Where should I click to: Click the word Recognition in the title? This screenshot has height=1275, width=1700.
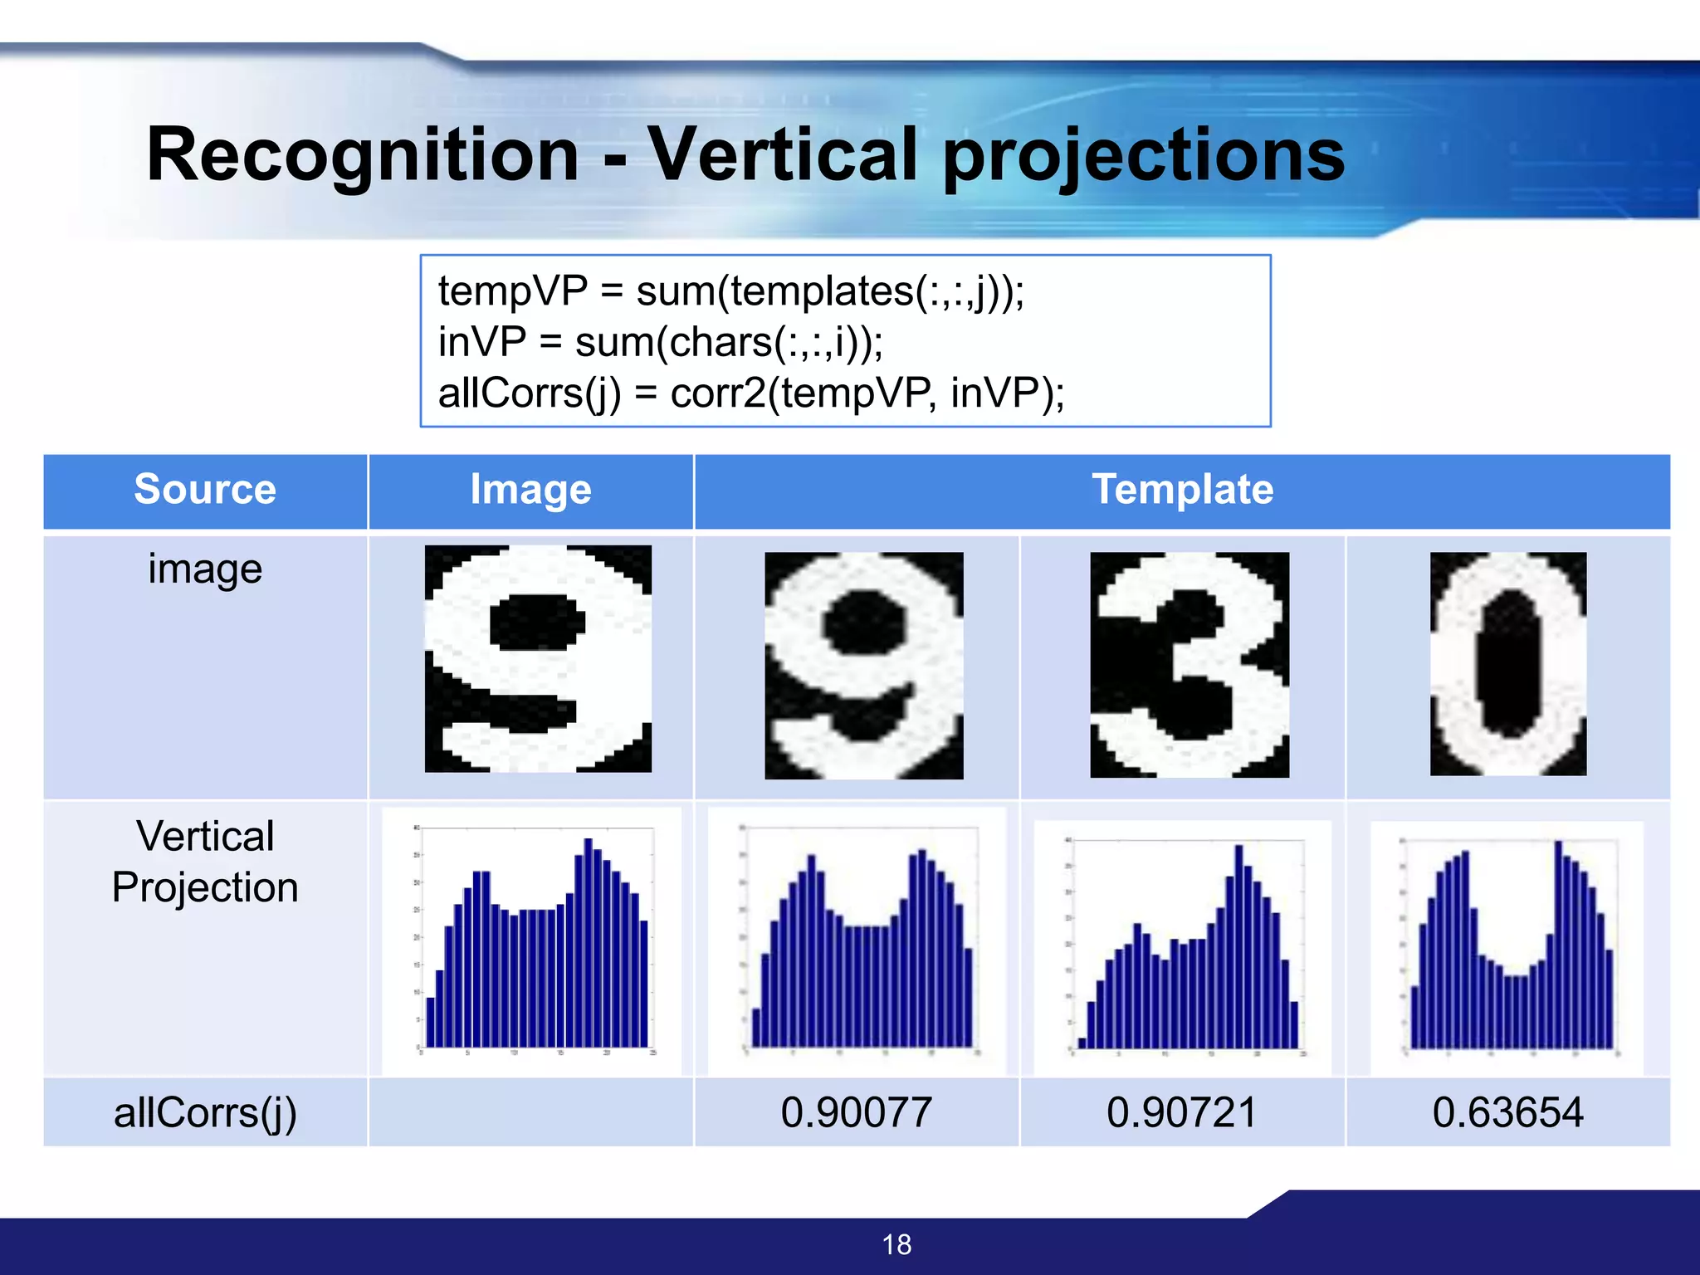click(362, 155)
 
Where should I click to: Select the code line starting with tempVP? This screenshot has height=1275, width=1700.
click(730, 291)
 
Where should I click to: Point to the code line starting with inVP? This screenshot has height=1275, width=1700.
click(660, 342)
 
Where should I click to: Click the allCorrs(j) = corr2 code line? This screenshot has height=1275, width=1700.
click(750, 393)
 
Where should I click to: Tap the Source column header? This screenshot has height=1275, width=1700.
click(205, 489)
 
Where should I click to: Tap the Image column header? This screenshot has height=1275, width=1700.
click(530, 489)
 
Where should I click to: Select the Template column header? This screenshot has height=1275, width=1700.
click(1182, 489)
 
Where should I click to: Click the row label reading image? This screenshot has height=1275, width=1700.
click(205, 569)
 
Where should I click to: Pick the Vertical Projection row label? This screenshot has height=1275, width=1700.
click(205, 862)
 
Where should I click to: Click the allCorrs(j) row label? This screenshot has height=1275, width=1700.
click(205, 1112)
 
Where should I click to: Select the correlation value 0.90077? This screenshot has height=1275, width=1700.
click(856, 1112)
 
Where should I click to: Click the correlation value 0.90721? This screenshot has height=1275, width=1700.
click(1182, 1112)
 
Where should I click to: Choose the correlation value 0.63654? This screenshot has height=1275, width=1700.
click(1507, 1112)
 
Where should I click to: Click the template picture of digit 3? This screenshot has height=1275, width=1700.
click(1189, 665)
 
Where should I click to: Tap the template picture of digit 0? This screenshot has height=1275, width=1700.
click(1507, 664)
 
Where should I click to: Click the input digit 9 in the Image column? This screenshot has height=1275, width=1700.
click(538, 658)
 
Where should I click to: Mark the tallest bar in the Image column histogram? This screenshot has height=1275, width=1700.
click(588, 942)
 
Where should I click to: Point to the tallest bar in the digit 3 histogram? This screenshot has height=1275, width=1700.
click(1238, 946)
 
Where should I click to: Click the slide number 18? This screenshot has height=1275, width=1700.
click(896, 1244)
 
